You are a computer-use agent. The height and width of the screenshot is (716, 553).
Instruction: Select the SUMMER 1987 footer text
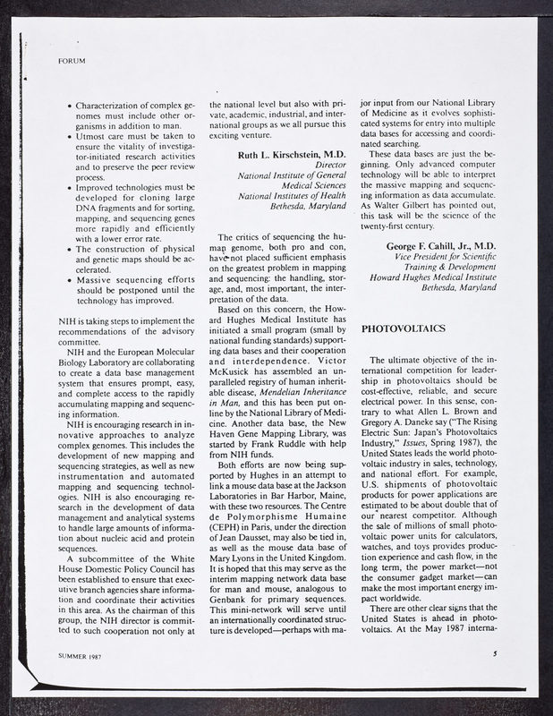click(x=72, y=680)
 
